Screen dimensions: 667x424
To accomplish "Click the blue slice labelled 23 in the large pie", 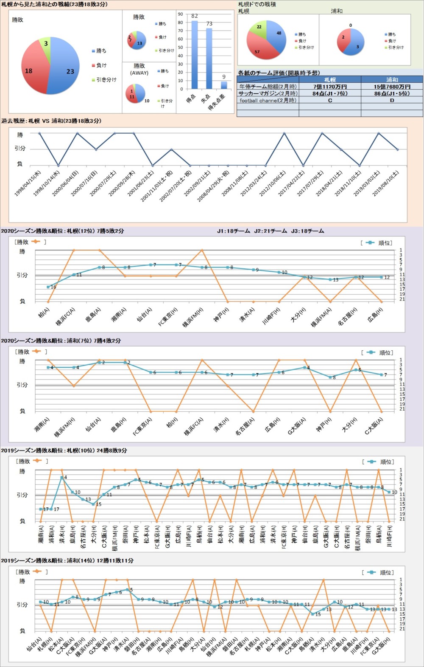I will pos(66,68).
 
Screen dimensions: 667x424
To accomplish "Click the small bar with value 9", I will pos(224,85).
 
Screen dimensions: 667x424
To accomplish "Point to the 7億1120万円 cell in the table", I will pos(330,87).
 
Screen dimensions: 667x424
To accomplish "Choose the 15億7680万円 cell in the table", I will pos(392,87).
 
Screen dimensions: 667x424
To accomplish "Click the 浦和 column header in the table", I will pos(392,80).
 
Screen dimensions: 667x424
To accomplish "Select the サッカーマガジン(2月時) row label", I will pos(268,93).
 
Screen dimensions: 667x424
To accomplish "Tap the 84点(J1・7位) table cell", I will pos(330,93).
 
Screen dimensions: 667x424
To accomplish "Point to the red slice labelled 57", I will pos(259,49).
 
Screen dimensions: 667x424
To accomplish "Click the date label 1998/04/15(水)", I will pos(28,183).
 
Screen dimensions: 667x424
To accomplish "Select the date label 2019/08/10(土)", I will pos(386,183).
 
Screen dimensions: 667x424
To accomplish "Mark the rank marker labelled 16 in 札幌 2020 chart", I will pos(48,287).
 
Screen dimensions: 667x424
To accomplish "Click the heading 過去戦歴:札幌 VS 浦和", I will pos(51,121).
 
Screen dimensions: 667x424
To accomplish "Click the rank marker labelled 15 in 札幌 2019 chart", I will pos(94,504).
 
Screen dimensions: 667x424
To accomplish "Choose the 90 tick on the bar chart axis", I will pos(180,14).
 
